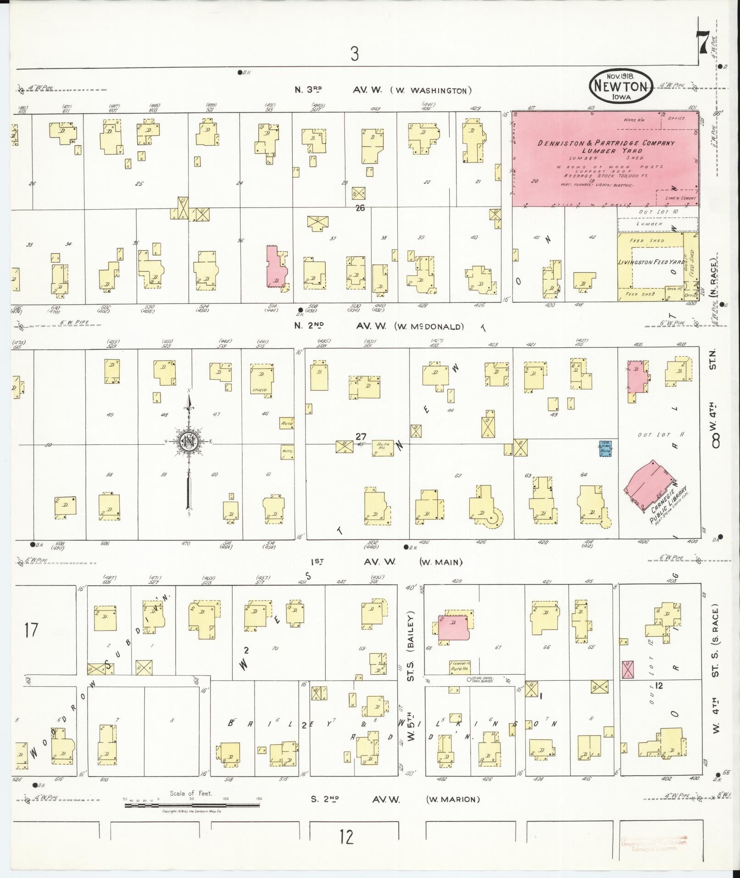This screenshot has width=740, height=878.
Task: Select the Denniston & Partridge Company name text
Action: [606, 143]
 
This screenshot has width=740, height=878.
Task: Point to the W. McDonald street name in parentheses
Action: [428, 327]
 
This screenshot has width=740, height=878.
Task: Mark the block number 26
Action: [360, 208]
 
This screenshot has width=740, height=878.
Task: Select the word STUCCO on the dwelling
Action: [259, 390]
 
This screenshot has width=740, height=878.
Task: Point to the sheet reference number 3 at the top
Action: [354, 54]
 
